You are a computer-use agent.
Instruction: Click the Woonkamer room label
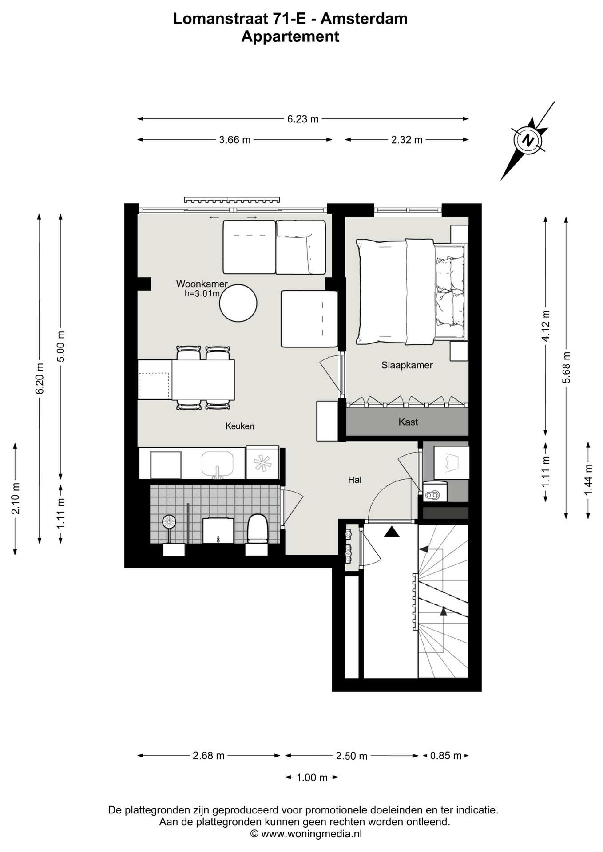202,284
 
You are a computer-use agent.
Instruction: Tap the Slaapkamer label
407,365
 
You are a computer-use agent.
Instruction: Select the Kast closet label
408,422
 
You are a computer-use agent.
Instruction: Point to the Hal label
355,480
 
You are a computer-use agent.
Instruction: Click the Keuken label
240,426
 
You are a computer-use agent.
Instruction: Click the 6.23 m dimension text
303,119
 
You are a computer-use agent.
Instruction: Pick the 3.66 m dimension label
235,140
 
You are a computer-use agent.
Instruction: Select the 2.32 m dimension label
407,140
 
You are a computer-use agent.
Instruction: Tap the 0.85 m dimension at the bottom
446,755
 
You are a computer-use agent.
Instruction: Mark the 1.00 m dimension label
312,777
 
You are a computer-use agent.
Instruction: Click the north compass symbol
528,141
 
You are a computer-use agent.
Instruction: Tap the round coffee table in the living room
238,303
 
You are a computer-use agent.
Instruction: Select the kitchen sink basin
218,463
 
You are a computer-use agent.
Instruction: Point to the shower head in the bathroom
169,521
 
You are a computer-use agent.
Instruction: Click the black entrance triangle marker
392,532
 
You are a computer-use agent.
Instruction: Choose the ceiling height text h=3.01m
202,293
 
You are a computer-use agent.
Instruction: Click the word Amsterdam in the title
364,19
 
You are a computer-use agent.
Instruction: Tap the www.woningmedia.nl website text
311,834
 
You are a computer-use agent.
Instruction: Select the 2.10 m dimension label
16,498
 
